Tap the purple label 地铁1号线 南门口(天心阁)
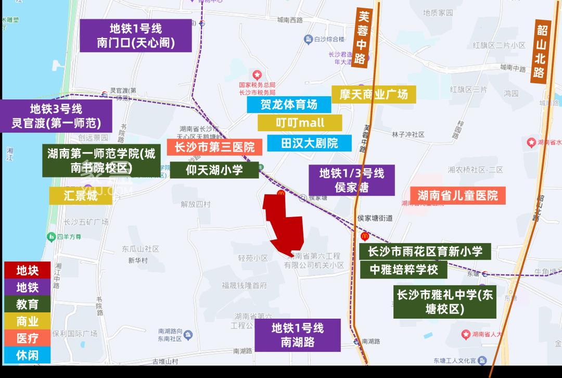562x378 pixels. pyautogui.click(x=135, y=35)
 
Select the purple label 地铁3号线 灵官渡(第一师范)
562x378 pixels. pyautogui.click(x=56, y=116)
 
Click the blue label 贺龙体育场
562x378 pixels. pyautogui.click(x=289, y=105)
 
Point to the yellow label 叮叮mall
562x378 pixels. pyautogui.click(x=300, y=123)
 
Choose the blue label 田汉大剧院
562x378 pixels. pyautogui.click(x=309, y=143)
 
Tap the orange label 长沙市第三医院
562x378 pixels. pyautogui.click(x=214, y=147)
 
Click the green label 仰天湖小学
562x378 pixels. pyautogui.click(x=214, y=170)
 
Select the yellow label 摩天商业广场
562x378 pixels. pyautogui.click(x=374, y=94)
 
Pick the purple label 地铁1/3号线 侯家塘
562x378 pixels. pyautogui.click(x=352, y=180)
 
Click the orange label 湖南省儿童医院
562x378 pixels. pyautogui.click(x=457, y=195)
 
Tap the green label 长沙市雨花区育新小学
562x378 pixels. pyautogui.click(x=425, y=252)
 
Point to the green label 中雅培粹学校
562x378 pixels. pyautogui.click(x=404, y=270)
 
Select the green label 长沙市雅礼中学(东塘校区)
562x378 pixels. pyautogui.click(x=444, y=301)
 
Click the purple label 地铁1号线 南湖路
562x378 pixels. pyautogui.click(x=298, y=335)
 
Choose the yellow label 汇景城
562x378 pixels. pyautogui.click(x=81, y=196)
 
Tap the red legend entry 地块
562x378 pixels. pyautogui.click(x=27, y=270)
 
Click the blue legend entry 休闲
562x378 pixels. pyautogui.click(x=27, y=355)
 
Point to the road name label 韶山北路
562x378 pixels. pyautogui.click(x=541, y=51)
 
